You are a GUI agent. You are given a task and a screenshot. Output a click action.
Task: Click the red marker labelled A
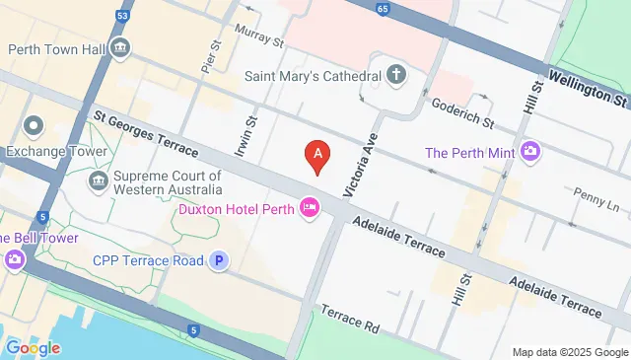316,155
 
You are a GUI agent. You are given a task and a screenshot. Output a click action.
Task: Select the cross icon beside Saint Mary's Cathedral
395,74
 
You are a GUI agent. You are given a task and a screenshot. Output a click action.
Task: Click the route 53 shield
121,16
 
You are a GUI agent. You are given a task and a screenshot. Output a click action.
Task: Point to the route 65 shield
382,10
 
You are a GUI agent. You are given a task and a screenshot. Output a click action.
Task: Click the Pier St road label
208,57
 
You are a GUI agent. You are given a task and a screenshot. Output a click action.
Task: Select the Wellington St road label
588,87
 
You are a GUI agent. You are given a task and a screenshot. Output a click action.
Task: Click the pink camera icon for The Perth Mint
531,152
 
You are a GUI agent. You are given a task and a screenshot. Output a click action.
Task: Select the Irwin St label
245,138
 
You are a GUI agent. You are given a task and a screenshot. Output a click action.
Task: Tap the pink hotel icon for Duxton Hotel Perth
310,207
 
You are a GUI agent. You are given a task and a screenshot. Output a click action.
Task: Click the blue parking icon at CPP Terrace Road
220,260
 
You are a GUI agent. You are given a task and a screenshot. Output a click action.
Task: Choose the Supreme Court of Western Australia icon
99,180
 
